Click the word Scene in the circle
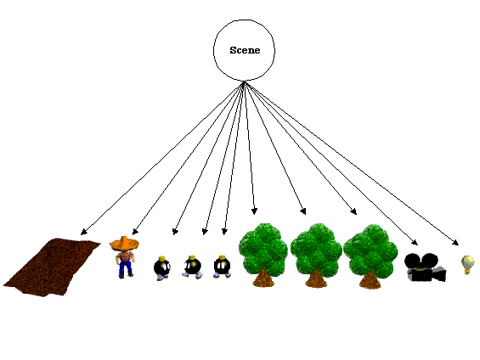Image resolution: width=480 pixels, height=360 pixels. point(245,50)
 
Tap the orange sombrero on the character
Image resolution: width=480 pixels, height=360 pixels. point(124,243)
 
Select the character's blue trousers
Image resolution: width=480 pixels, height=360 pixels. point(126,268)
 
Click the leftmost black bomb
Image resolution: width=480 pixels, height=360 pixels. point(162,268)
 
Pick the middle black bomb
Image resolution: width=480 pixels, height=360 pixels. point(192,267)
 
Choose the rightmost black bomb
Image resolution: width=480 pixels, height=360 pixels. point(222,267)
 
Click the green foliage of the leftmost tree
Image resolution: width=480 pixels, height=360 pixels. point(263,249)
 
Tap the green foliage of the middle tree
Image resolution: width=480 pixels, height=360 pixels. point(316,250)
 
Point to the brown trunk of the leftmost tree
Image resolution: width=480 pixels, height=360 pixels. point(263,278)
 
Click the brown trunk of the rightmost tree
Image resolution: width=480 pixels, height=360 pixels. point(370,280)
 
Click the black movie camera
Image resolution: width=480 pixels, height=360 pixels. point(425,267)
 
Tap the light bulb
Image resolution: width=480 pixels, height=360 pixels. point(467,265)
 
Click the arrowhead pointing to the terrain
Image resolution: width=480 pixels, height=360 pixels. point(84,232)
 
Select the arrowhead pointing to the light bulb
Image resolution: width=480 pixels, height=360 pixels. point(455,242)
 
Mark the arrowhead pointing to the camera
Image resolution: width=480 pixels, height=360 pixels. point(415,242)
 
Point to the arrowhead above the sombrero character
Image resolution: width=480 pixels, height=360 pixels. point(135,232)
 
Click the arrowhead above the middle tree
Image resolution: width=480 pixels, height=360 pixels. point(303,211)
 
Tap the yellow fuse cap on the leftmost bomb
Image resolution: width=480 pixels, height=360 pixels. point(162,258)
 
